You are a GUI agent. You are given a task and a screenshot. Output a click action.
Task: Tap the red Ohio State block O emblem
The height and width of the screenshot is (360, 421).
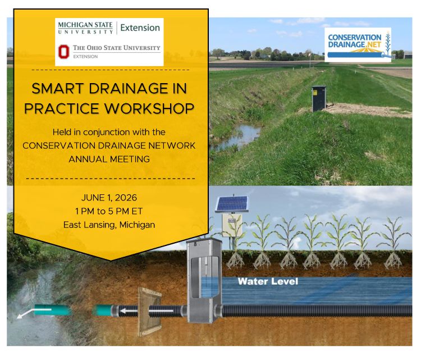(x=64, y=52)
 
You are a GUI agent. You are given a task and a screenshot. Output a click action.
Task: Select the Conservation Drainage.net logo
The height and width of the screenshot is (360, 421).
(x=358, y=44)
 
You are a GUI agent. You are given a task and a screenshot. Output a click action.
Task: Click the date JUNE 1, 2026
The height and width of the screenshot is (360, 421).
(x=110, y=198)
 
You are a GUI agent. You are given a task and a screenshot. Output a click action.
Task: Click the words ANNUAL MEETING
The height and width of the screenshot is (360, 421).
(x=109, y=159)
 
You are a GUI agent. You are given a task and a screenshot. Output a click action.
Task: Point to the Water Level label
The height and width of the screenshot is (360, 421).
(x=267, y=281)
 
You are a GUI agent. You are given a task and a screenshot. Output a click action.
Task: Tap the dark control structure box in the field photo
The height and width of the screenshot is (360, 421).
(x=319, y=98)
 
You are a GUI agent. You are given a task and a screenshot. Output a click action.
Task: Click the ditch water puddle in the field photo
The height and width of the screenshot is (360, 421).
(x=240, y=135)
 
